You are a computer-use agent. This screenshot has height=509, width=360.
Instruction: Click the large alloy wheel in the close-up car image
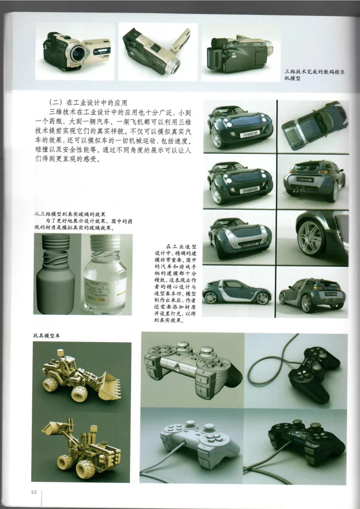click(310, 237)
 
